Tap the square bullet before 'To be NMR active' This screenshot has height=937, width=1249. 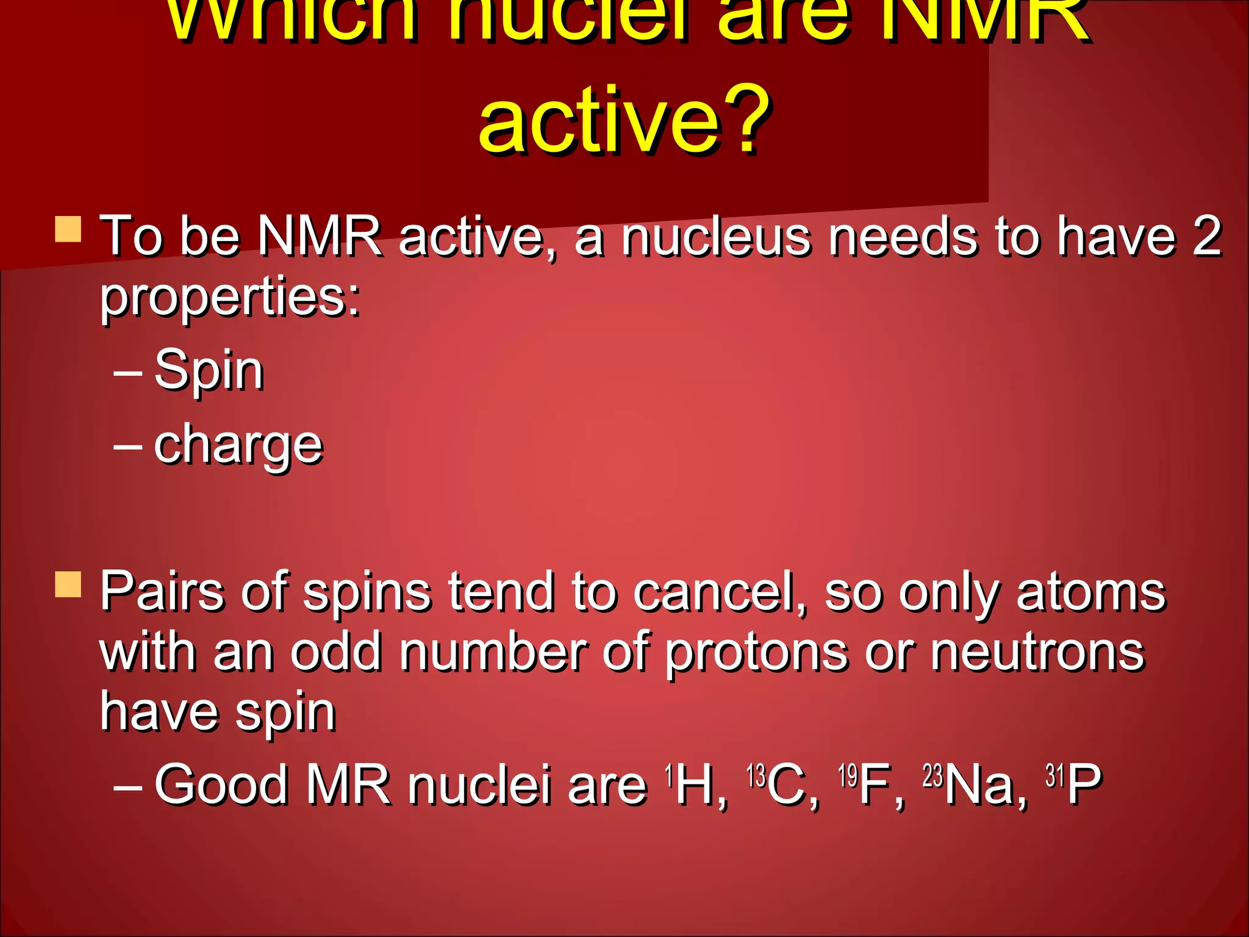(68, 230)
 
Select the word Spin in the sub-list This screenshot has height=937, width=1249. (209, 371)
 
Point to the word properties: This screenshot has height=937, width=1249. (231, 298)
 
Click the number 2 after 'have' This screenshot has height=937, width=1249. (1206, 235)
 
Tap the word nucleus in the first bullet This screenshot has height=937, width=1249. (717, 237)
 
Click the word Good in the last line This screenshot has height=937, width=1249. (221, 784)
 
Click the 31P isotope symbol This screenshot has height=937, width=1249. (1073, 784)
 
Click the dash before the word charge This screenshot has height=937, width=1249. (128, 447)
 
